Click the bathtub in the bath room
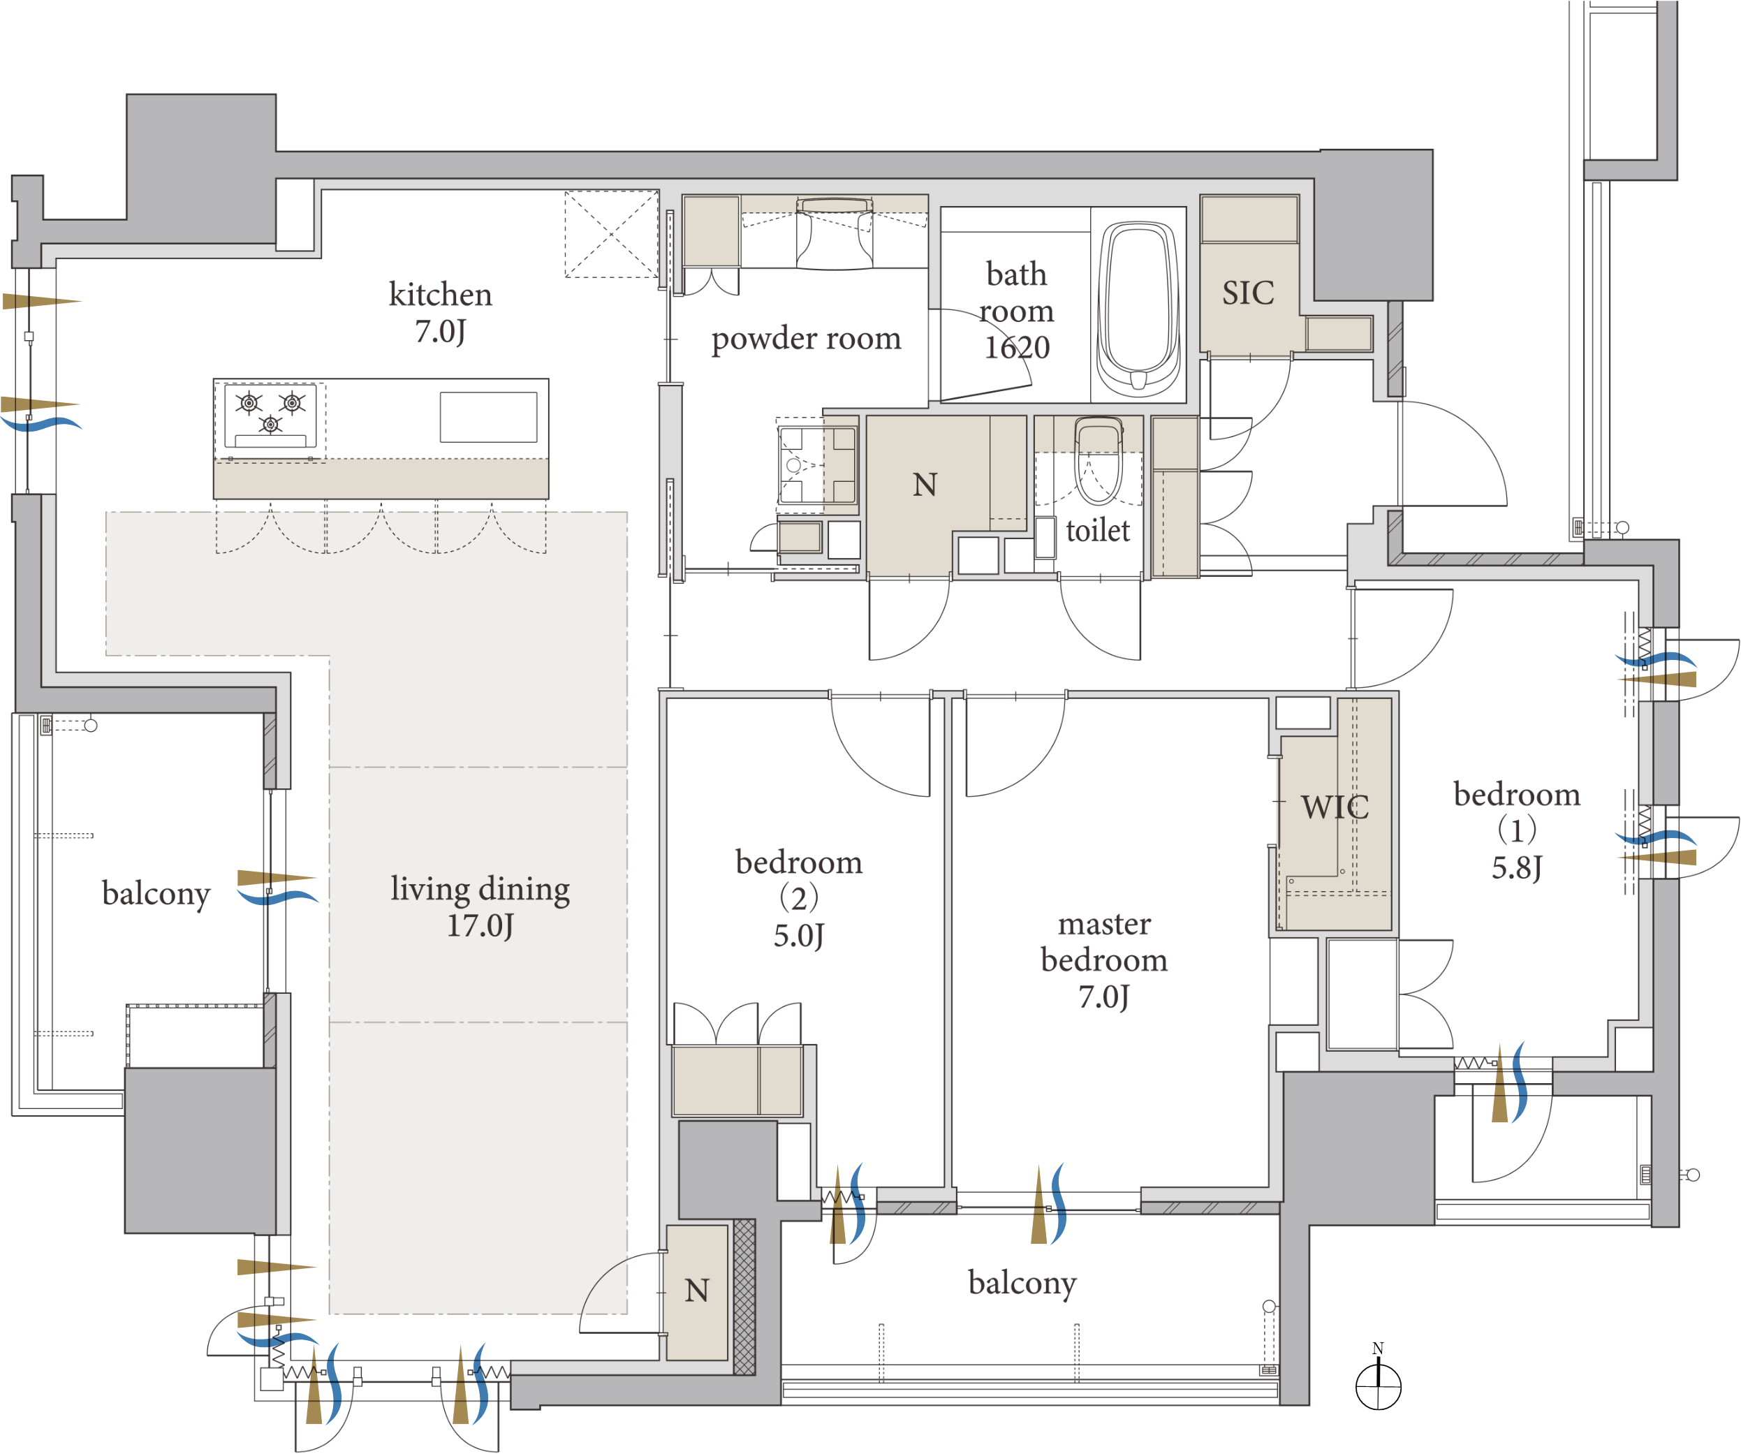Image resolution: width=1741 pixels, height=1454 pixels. (x=1138, y=309)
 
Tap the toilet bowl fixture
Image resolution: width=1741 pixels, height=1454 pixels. (x=1098, y=461)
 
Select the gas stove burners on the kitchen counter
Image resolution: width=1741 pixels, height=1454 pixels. (x=270, y=416)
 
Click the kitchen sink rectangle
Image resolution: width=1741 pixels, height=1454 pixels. (x=488, y=417)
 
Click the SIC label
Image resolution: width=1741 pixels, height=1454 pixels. (x=1248, y=293)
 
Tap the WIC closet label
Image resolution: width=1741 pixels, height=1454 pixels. (x=1335, y=807)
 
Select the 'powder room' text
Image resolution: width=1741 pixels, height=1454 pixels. (x=806, y=338)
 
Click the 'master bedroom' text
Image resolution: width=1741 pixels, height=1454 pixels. (x=1104, y=941)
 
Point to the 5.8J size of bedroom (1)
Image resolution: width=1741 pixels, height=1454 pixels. (x=1516, y=868)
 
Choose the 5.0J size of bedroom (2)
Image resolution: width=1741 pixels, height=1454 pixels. (x=798, y=936)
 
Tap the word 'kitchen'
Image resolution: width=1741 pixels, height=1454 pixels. (x=440, y=294)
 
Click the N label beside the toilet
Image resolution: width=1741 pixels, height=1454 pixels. (x=925, y=485)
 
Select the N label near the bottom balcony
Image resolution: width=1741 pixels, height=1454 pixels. (x=696, y=1291)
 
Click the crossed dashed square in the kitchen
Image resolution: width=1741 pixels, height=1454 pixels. (x=612, y=235)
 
